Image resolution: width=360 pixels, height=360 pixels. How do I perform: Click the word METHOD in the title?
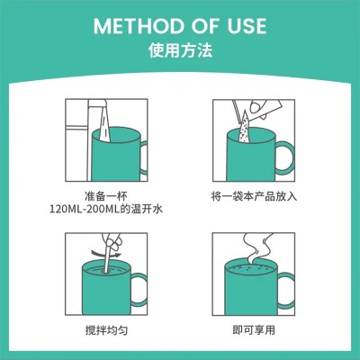[x=139, y=26]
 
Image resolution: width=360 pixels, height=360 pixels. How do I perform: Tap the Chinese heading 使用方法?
[x=180, y=49]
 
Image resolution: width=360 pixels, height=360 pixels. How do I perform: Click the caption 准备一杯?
[x=106, y=196]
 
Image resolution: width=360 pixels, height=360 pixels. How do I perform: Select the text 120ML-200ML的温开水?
[x=106, y=209]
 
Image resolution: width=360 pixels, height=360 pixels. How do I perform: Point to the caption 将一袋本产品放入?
[x=254, y=196]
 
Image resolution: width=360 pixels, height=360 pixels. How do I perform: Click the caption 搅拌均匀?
[x=106, y=330]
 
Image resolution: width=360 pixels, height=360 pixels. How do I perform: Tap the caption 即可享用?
[x=254, y=330]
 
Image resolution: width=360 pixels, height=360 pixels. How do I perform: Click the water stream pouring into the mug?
[x=103, y=124]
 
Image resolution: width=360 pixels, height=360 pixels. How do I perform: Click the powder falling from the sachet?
[x=245, y=128]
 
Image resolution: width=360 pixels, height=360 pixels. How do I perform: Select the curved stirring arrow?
[x=107, y=255]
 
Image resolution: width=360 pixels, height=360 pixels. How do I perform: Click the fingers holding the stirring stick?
[x=111, y=240]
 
